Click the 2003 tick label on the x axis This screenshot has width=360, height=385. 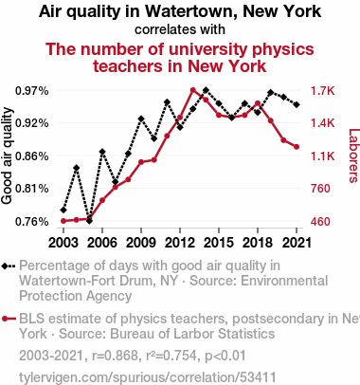coord(63,243)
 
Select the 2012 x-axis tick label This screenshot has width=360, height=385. coord(180,243)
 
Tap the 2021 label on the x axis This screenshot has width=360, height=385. coord(297,243)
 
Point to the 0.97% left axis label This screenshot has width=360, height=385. coord(32,91)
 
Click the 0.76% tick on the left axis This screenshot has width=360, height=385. coord(32,222)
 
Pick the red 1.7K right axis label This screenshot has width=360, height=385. coord(322,91)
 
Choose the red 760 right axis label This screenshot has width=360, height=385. coord(320,189)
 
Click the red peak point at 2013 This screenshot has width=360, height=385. coord(193,90)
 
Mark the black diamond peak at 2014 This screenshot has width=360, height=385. coord(206,90)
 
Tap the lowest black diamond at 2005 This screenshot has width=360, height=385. coord(89,221)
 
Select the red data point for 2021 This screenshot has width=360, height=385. coord(297,147)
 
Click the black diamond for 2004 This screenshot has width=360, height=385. coord(77,168)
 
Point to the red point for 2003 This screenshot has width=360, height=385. coord(63,221)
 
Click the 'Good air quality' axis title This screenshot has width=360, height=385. coord(7,156)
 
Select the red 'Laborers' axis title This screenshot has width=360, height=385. coord(353,156)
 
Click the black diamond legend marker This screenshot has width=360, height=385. coord(9,266)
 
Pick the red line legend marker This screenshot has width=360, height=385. coord(9,319)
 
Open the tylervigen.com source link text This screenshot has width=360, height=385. coord(148,377)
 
